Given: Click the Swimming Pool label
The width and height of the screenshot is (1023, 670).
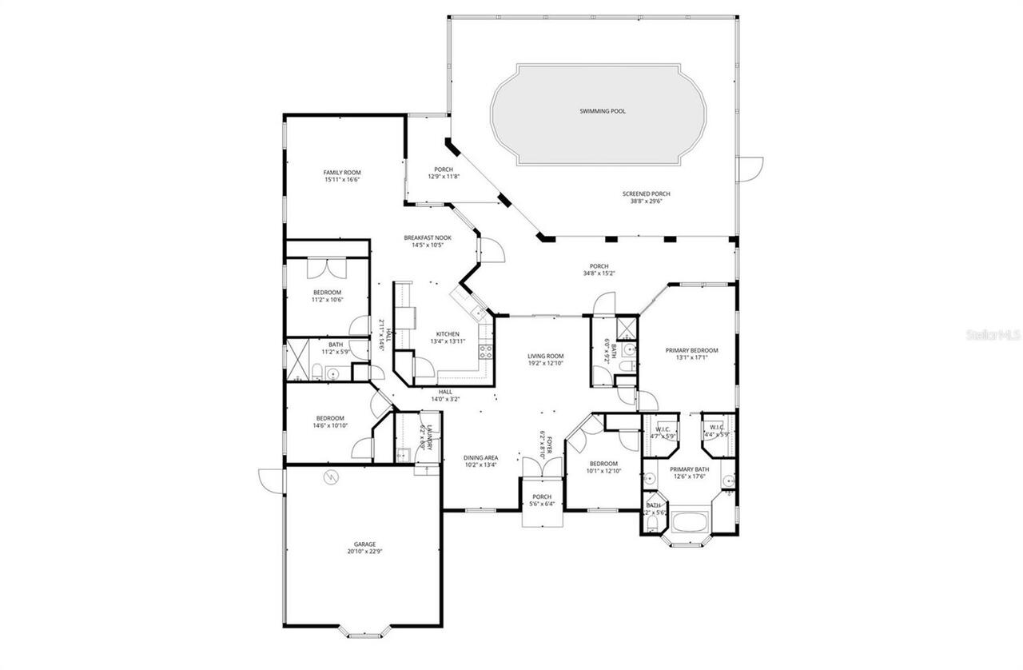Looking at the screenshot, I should [602, 111].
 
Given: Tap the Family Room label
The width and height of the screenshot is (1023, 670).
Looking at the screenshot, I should [342, 173].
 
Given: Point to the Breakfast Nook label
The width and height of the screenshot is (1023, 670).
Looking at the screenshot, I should [428, 237].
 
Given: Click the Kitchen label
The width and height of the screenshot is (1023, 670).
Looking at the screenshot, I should [448, 334].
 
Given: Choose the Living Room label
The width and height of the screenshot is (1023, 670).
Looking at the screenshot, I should [546, 357].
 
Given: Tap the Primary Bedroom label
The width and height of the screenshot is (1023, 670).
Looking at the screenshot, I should [692, 350].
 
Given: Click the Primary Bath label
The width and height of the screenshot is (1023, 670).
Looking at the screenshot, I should [689, 469].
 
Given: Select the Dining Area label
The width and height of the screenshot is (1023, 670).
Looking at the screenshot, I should [481, 458].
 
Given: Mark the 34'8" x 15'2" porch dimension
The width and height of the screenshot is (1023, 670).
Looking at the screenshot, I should [599, 273].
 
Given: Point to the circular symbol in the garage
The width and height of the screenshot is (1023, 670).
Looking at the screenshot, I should [331, 478].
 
